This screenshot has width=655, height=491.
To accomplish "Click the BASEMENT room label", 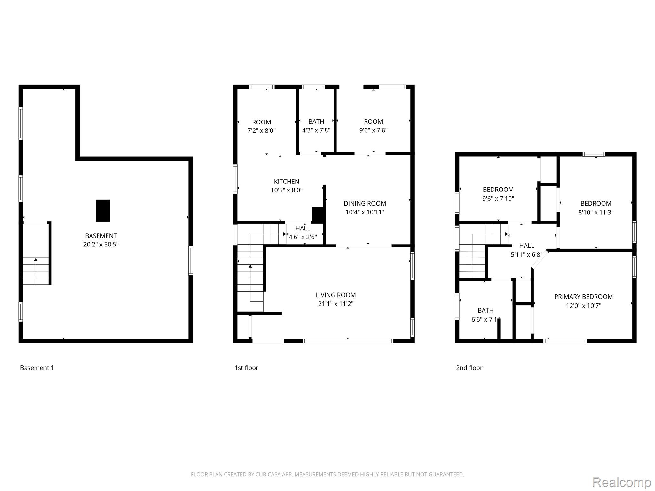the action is click(101, 236).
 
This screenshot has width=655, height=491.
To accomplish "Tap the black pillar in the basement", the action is click(103, 211).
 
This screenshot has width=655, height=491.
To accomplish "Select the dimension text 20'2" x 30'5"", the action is click(101, 245).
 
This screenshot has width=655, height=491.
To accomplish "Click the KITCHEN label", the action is click(287, 182).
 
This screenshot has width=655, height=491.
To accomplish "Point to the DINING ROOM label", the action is click(365, 203).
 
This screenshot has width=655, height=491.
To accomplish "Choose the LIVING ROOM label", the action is click(336, 295).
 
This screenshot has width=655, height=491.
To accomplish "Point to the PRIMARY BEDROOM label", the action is click(584, 297).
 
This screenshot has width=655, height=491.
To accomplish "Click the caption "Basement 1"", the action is click(37, 368).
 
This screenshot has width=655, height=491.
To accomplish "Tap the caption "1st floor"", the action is click(246, 368).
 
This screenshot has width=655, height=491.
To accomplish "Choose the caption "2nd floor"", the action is click(469, 368).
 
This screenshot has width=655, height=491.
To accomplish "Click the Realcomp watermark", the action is click(622, 482).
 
